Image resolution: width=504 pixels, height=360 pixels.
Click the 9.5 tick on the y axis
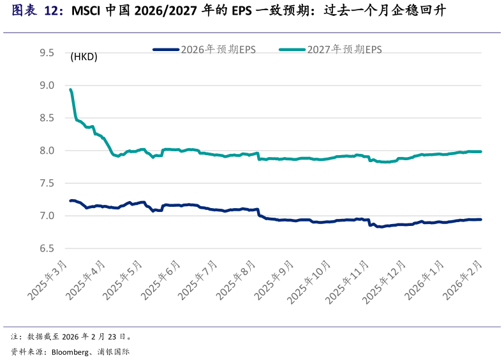(47, 52)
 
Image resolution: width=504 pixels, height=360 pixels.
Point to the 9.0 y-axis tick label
(47, 85)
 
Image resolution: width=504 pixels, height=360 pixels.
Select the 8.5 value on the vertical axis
(47, 117)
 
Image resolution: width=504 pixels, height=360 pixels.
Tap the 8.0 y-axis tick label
(47, 151)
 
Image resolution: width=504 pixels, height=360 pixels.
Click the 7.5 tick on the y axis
(47, 183)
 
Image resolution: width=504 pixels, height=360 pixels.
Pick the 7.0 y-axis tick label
(47, 216)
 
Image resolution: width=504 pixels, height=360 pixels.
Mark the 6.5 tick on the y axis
(47, 248)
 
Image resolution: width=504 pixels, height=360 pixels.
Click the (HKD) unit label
(84, 57)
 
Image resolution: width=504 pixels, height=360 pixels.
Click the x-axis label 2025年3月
(48, 281)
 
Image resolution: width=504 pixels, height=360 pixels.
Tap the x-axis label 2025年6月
(161, 281)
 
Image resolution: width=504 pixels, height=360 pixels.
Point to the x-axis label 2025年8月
(237, 281)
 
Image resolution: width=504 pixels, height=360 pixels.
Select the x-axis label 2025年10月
(310, 281)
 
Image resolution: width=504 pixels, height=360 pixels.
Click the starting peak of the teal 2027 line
(70, 89)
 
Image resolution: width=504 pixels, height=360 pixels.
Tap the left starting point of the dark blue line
(70, 200)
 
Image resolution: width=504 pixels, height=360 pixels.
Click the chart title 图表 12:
(38, 11)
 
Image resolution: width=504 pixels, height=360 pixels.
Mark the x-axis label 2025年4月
(86, 281)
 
